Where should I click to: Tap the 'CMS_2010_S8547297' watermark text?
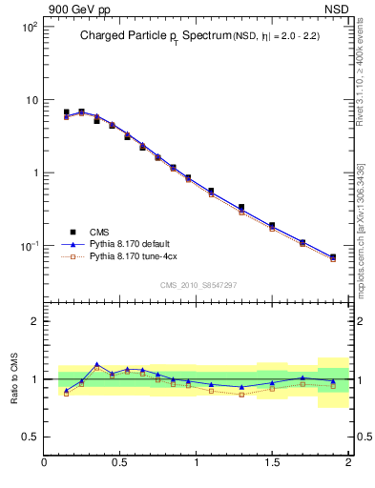coord(198,285)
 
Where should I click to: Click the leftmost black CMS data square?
coord(66,112)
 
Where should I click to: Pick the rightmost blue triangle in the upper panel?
coord(333,256)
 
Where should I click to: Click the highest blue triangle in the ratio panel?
coord(96,364)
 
